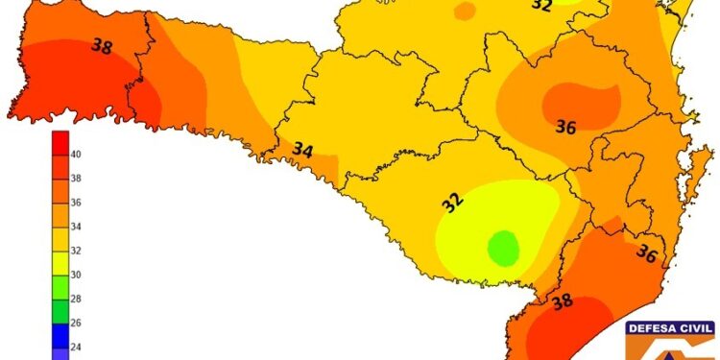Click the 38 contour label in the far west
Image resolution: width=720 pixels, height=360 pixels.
101,44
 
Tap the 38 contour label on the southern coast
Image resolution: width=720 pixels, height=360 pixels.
562,301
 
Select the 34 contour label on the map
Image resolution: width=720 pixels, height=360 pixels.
302,150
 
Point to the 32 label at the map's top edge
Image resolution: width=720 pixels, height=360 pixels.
541,5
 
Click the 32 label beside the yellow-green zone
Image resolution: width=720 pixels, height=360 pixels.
452,202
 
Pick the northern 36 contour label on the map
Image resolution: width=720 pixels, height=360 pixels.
564,126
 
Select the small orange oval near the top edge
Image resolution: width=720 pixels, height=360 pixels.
465,12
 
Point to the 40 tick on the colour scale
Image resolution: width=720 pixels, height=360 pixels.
76,155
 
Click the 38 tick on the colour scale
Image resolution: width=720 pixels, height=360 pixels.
76,179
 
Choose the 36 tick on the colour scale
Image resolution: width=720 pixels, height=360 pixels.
76,203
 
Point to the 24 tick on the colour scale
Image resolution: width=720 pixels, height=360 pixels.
76,347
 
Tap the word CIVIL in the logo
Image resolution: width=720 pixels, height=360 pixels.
697,327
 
